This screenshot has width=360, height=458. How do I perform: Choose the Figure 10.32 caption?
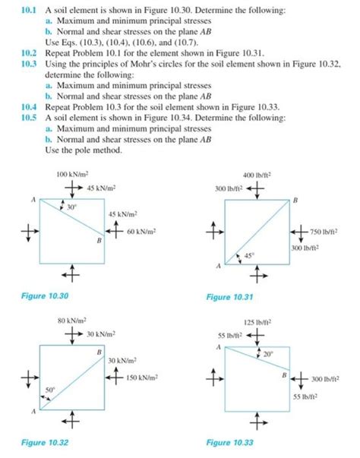point(48,441)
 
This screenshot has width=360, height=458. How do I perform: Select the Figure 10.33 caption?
point(229,441)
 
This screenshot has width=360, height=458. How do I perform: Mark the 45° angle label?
point(249,256)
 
